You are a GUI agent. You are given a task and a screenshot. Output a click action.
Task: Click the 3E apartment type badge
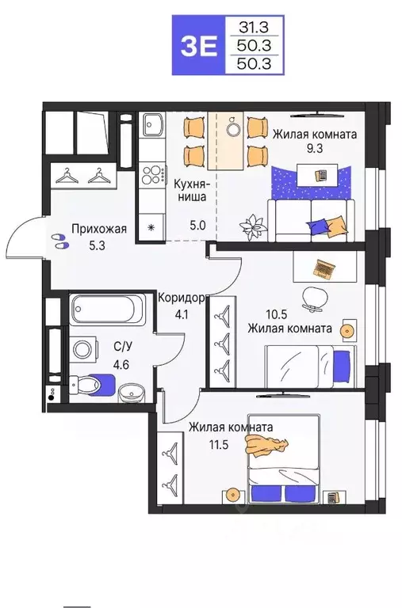point(197,45)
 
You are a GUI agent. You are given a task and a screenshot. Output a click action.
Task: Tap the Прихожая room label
point(99,230)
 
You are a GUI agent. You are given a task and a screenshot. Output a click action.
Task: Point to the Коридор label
point(182,298)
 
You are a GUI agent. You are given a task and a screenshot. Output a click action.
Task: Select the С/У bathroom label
point(123,345)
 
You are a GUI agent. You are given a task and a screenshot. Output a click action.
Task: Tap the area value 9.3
point(316,149)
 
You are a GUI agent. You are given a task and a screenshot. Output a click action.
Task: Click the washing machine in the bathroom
point(83,348)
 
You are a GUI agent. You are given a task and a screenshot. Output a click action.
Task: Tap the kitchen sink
point(152,124)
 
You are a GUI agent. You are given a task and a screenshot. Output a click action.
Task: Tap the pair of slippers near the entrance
point(59,240)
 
